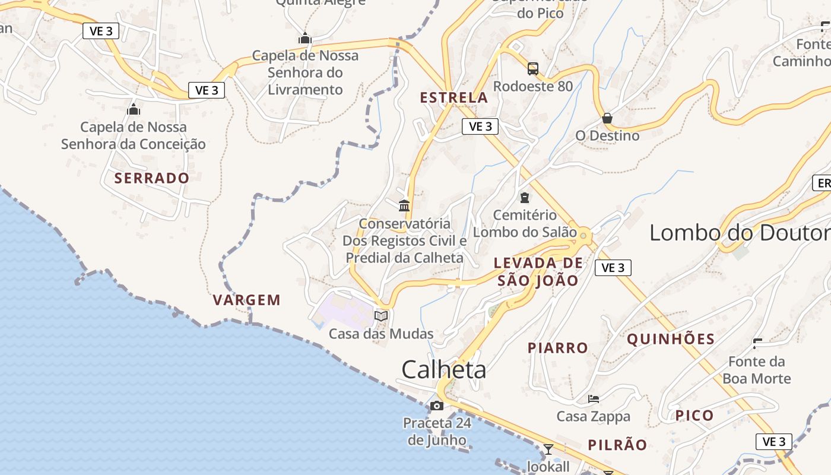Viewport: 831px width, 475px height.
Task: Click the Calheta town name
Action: [x=443, y=369]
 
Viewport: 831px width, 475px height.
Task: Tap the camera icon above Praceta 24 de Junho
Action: [x=437, y=406]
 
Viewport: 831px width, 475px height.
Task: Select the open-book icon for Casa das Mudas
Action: [x=381, y=316]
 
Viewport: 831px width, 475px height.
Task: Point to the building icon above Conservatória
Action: [x=404, y=205]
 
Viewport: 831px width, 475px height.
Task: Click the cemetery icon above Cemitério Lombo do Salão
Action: [x=525, y=197]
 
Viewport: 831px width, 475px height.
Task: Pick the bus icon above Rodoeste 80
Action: [x=533, y=68]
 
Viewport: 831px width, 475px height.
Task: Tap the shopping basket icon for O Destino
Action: [x=607, y=118]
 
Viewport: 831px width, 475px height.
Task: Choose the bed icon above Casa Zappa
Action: [x=593, y=398]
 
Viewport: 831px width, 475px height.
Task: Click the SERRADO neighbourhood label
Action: [x=152, y=178]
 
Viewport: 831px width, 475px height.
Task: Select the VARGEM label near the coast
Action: [x=247, y=300]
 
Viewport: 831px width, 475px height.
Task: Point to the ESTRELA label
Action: [x=454, y=97]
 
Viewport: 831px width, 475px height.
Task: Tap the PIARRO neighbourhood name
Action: [x=558, y=348]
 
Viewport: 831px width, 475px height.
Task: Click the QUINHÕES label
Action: [x=671, y=339]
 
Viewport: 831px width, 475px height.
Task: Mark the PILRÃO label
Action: [x=617, y=445]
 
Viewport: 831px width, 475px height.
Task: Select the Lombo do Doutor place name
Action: [x=740, y=233]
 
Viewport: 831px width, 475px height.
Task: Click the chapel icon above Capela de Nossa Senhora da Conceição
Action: [x=134, y=109]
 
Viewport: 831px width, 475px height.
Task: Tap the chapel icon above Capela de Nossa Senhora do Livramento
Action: [x=305, y=38]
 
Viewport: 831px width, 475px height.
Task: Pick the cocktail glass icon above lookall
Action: [x=548, y=449]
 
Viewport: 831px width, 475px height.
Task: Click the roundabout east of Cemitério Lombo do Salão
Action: [x=583, y=236]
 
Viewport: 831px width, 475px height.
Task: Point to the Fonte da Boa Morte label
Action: [x=756, y=370]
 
